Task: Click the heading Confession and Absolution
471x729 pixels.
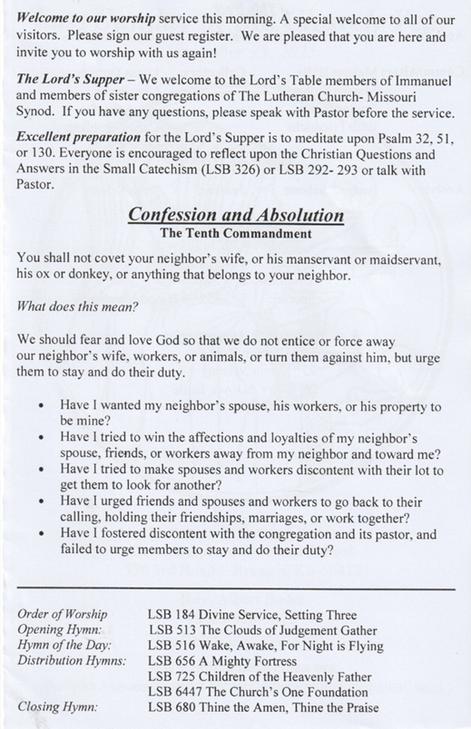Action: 235,216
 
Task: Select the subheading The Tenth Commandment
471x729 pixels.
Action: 235,234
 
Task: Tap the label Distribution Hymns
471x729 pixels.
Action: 73,661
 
